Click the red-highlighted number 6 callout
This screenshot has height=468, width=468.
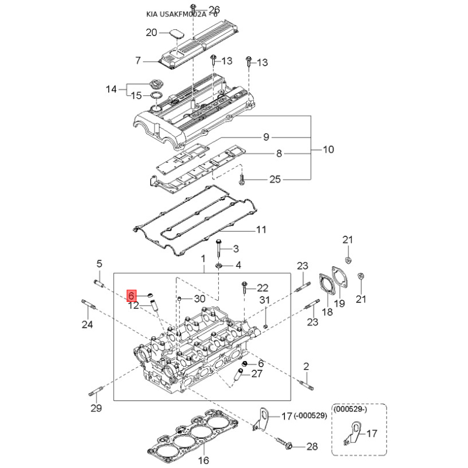[132, 295]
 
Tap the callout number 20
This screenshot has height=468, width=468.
[152, 33]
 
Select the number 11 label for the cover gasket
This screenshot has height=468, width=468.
[260, 229]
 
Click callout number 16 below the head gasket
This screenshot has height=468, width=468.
[203, 460]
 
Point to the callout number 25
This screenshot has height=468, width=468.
[275, 180]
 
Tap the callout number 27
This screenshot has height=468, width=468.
[257, 374]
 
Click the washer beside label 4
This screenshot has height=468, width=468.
[218, 266]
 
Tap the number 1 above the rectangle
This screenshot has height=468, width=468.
[203, 258]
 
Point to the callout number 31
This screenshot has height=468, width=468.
[264, 301]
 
